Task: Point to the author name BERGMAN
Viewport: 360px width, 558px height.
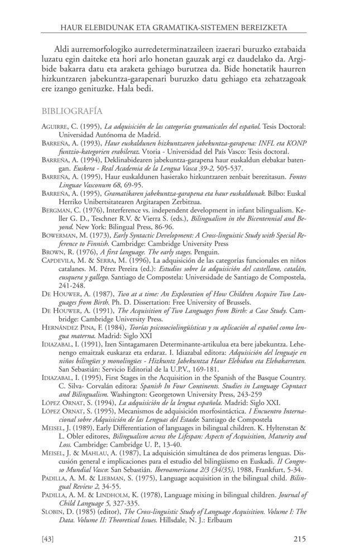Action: (x=57, y=209)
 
